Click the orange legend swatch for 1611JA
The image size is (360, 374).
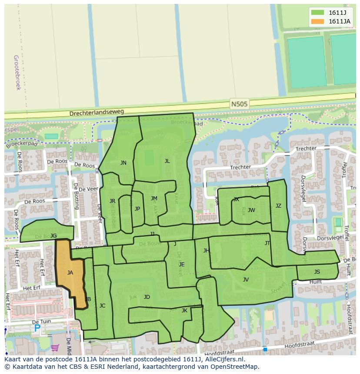(318, 21)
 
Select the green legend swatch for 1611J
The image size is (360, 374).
(318, 13)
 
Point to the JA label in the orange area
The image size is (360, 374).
(70, 273)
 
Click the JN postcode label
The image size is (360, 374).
(123, 163)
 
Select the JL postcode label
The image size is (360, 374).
(167, 161)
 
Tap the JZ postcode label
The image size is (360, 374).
(278, 206)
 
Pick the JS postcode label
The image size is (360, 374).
(317, 272)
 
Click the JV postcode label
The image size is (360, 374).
(246, 280)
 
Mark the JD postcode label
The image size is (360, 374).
(147, 297)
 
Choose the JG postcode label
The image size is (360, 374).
(53, 236)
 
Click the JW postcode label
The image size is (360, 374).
(251, 210)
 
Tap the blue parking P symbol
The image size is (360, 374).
(37, 329)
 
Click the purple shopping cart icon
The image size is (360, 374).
(55, 348)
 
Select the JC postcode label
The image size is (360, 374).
(102, 306)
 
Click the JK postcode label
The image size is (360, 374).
(184, 311)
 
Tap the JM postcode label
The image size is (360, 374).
(154, 199)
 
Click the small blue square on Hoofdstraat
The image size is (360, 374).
(265, 349)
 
